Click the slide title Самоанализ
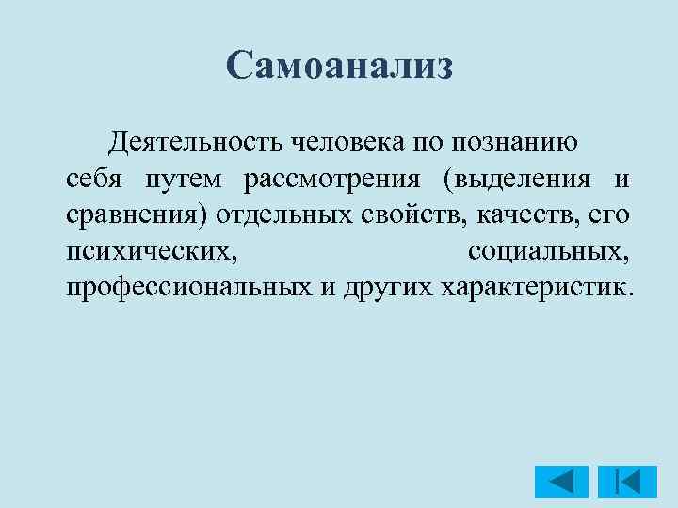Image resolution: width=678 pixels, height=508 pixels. tap(340, 67)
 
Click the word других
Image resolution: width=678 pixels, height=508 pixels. tap(384, 286)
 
